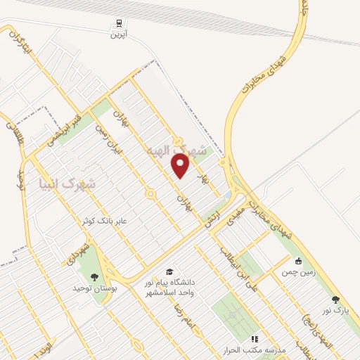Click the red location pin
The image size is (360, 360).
[181, 165]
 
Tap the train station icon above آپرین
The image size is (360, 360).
[115, 22]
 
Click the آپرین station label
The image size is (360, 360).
[116, 34]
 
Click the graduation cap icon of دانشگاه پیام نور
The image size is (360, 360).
[169, 271]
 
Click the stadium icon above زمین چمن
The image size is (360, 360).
[299, 261]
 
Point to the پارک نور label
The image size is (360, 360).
[337, 310]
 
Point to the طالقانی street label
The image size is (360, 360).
[13, 133]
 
